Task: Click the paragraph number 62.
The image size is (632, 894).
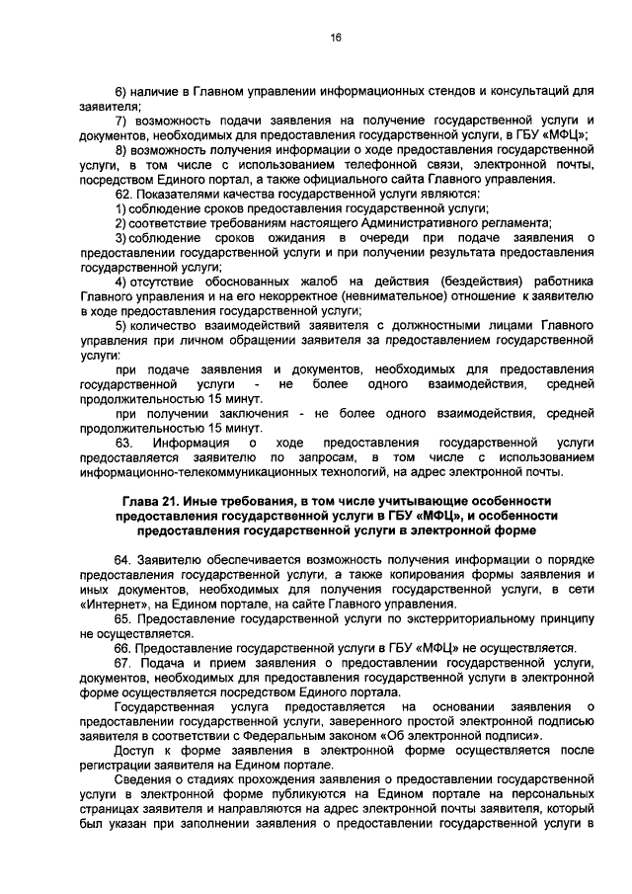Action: (x=122, y=194)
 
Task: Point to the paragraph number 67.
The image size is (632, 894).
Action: (x=122, y=662)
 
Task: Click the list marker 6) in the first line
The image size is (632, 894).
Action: (x=121, y=90)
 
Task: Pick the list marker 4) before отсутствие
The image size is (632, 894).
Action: (x=121, y=282)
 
